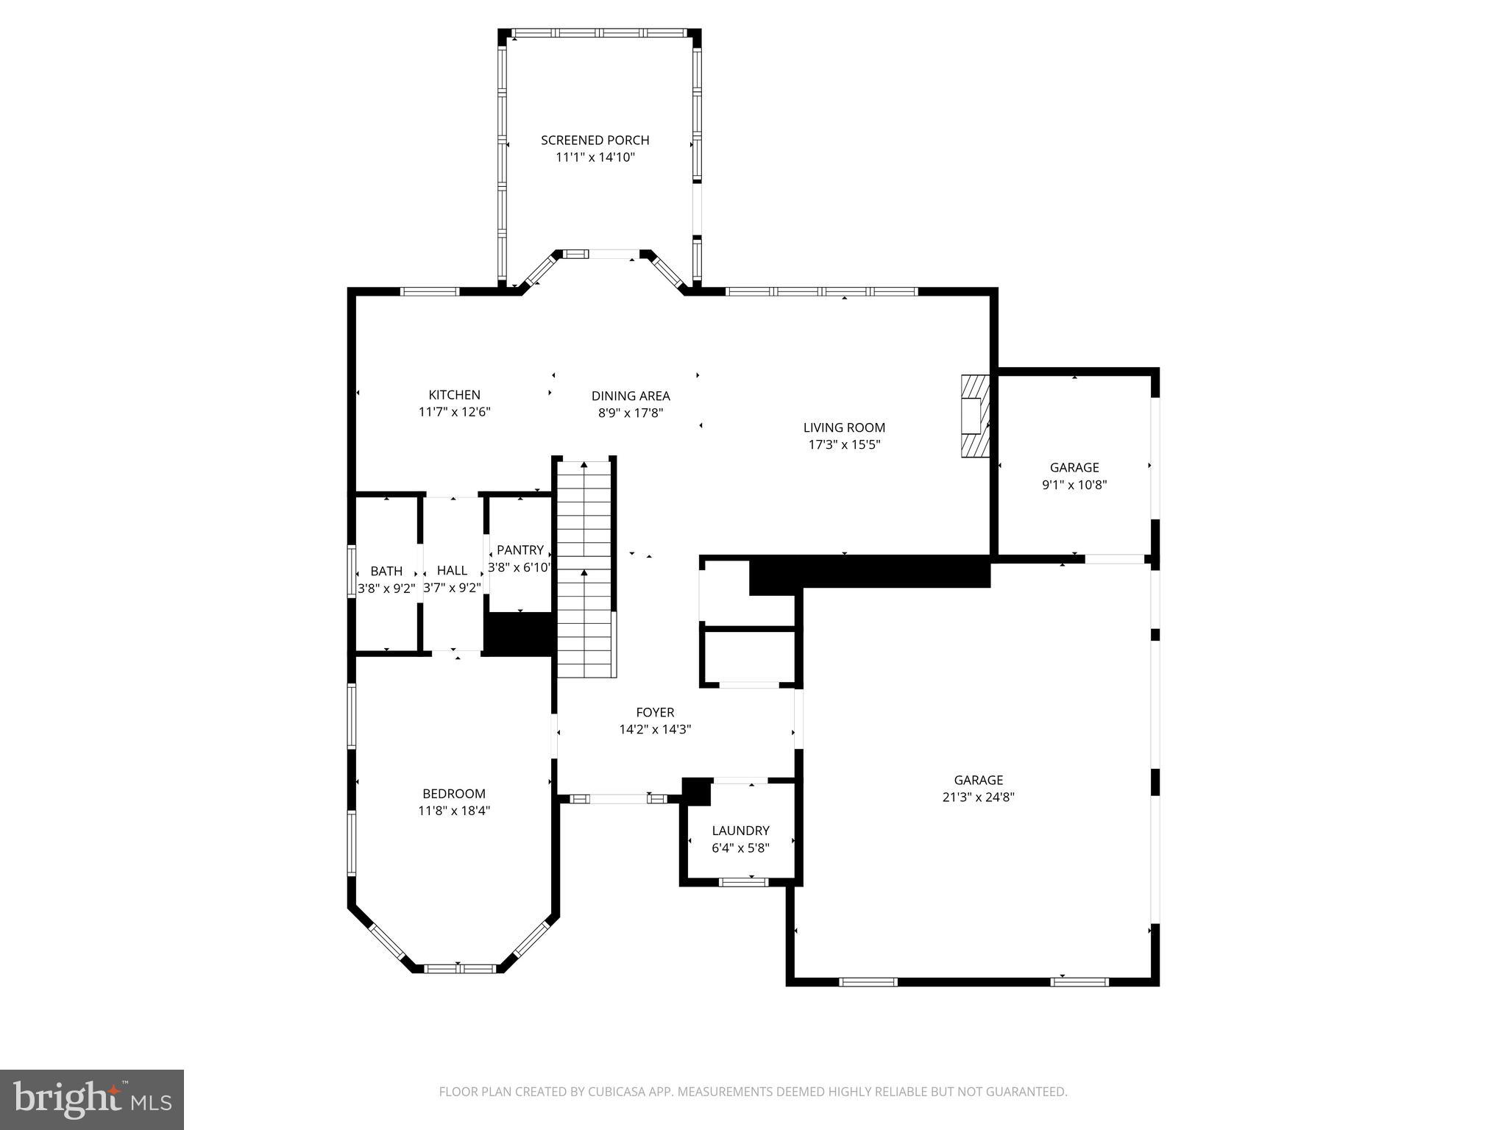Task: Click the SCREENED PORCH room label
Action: click(595, 140)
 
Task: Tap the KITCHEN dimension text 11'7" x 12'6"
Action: click(454, 412)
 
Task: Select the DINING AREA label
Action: click(631, 396)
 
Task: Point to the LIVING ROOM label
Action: click(844, 427)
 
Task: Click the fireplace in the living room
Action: click(974, 416)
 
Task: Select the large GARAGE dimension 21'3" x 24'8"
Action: click(979, 797)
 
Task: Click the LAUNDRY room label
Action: click(740, 831)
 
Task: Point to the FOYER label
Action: click(655, 712)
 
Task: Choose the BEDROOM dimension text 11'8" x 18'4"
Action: click(454, 811)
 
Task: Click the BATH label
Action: click(386, 571)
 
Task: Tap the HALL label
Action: click(452, 570)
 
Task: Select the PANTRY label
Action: click(520, 550)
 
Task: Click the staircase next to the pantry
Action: click(585, 566)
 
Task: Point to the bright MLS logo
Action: click(91, 1100)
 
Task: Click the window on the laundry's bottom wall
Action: click(742, 882)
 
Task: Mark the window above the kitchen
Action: click(430, 291)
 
